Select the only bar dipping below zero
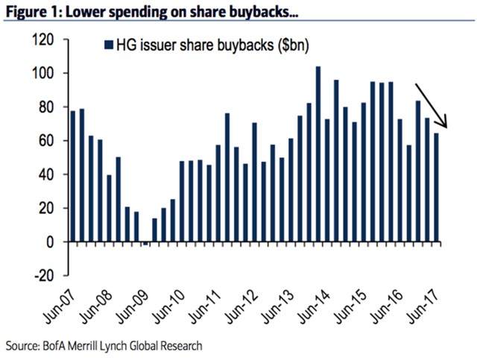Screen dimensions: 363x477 click(x=146, y=244)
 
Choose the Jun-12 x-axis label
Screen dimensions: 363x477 click(x=244, y=306)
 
